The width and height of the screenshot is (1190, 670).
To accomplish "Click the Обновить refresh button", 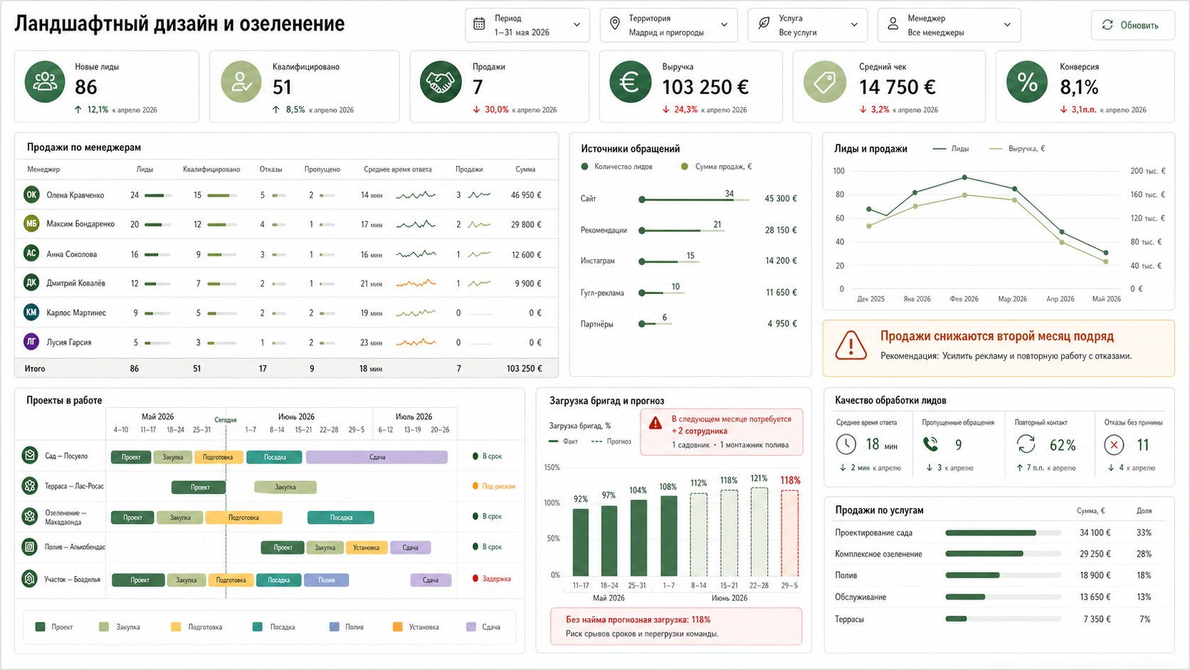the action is [1132, 25].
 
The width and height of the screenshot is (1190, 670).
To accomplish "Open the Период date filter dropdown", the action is [527, 25].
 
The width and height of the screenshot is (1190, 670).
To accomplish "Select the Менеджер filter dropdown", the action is [949, 25].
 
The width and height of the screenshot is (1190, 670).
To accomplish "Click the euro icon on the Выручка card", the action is [630, 82].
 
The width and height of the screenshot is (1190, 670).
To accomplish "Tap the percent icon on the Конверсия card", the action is [1026, 82].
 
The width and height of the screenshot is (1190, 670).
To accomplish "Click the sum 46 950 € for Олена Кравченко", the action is [526, 195].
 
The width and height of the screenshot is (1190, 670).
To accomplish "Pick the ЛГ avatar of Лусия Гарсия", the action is [31, 342].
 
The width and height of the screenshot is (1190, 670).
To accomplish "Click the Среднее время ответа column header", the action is [397, 169].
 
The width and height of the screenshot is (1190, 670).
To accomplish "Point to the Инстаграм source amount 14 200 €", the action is [781, 261].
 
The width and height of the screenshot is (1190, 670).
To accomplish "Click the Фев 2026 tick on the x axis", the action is [964, 299].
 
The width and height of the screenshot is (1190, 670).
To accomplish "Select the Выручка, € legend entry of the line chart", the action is [1017, 149].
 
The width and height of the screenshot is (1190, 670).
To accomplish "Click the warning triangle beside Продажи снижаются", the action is [851, 345].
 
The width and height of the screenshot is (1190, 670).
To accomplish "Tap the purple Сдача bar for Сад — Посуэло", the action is [377, 457].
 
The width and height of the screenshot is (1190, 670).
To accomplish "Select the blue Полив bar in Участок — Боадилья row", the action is [326, 580].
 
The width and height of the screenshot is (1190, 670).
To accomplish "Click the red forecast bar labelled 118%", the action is [789, 533].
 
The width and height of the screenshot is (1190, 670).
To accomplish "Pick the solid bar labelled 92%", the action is [581, 543].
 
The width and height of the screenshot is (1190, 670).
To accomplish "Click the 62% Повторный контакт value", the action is [1062, 445].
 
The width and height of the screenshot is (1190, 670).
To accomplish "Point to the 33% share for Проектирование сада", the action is [1144, 533].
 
